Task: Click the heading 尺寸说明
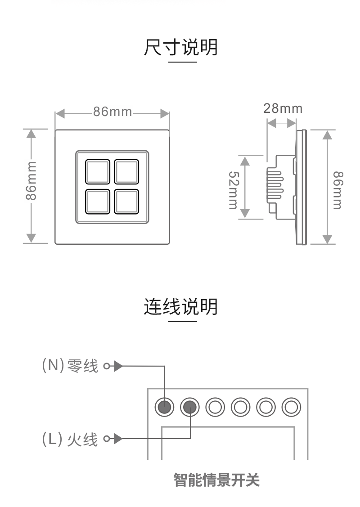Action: [x=180, y=47]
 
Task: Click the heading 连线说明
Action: [x=180, y=307]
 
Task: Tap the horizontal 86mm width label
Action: [x=112, y=112]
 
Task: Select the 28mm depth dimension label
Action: [x=283, y=108]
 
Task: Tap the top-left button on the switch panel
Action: [x=97, y=171]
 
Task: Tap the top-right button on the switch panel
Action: [x=126, y=171]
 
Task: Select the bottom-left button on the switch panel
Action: [x=97, y=201]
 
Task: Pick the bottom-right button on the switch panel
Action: [x=126, y=201]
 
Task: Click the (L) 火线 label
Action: [x=70, y=439]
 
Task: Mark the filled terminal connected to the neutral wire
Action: [x=164, y=407]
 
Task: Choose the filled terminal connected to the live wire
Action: [x=189, y=407]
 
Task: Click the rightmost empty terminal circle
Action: [x=291, y=407]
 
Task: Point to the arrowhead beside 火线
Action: [x=118, y=439]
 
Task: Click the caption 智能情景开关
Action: [x=217, y=480]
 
